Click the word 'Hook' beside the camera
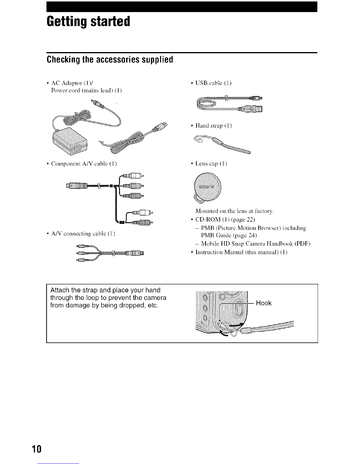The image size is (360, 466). coord(264,303)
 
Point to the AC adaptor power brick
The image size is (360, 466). coord(69,140)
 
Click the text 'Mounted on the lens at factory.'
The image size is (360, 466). coord(235,211)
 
